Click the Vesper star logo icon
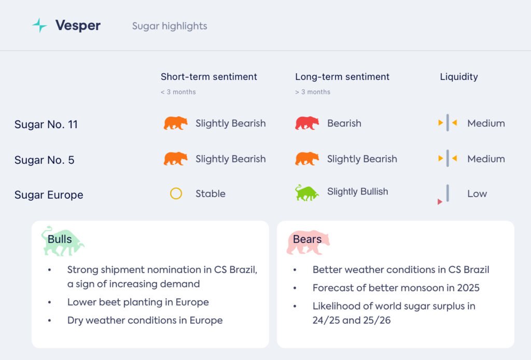(39, 25)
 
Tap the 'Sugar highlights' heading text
(170, 26)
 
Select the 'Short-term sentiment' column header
(208, 77)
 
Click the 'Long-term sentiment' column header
(342, 77)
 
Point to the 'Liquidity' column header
(459, 77)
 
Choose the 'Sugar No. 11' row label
(46, 124)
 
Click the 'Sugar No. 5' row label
(45, 160)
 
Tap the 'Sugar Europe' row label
(49, 195)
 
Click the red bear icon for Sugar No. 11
(307, 123)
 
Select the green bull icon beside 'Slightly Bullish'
(306, 192)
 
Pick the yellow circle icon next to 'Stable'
(176, 193)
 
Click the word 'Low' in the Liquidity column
(477, 193)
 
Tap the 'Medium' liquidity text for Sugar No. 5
(486, 159)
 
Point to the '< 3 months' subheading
(178, 92)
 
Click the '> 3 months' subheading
(313, 92)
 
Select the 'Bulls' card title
(60, 239)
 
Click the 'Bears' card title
(307, 239)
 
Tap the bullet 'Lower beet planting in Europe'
(138, 302)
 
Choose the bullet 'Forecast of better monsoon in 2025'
(396, 288)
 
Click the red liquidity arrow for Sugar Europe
(440, 202)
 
